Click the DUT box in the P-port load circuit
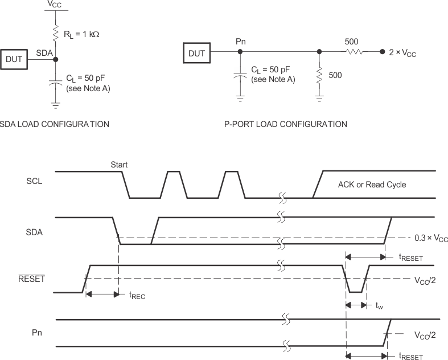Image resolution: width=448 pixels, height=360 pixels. pos(197,54)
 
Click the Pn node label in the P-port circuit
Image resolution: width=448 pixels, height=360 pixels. pos(240,42)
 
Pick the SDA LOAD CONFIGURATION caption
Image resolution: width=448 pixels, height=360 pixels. pos(55,124)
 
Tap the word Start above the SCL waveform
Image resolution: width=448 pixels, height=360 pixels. pos(120,164)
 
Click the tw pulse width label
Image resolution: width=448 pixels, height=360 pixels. pos(379,306)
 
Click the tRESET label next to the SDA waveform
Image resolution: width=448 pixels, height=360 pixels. pos(410,258)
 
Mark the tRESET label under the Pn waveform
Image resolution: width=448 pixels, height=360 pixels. pos(410,356)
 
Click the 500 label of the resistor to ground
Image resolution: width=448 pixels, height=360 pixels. pos(335,75)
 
